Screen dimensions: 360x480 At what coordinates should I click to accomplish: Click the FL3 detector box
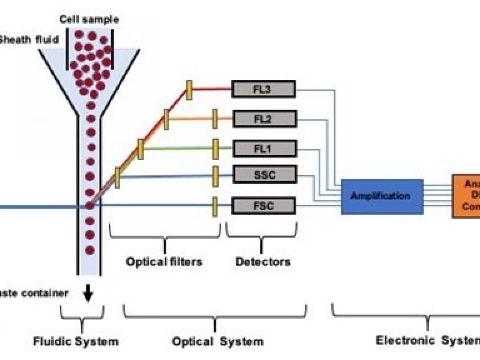(x=264, y=89)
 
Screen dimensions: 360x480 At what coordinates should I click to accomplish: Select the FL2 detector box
(x=264, y=119)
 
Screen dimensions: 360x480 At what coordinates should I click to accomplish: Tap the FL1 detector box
(x=264, y=149)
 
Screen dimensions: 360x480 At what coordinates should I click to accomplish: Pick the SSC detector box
(x=264, y=174)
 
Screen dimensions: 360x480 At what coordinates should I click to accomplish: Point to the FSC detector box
(x=264, y=206)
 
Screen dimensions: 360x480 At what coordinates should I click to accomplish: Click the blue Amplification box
(x=382, y=196)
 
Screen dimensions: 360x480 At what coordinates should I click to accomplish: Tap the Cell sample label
(x=89, y=19)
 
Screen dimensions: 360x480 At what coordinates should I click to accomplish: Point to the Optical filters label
(x=164, y=262)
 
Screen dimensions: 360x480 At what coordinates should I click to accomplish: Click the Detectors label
(x=262, y=262)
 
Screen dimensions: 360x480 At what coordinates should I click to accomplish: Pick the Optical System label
(x=218, y=341)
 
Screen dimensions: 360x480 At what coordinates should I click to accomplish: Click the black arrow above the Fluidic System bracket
(x=88, y=295)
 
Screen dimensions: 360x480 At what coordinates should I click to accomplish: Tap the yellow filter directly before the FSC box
(x=215, y=206)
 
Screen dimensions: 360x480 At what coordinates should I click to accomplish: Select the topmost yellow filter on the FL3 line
(x=189, y=90)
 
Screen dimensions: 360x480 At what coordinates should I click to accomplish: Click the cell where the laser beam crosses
(x=90, y=206)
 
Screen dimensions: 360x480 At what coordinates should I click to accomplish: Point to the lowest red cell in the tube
(x=90, y=250)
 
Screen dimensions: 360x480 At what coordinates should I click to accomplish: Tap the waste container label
(x=34, y=293)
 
